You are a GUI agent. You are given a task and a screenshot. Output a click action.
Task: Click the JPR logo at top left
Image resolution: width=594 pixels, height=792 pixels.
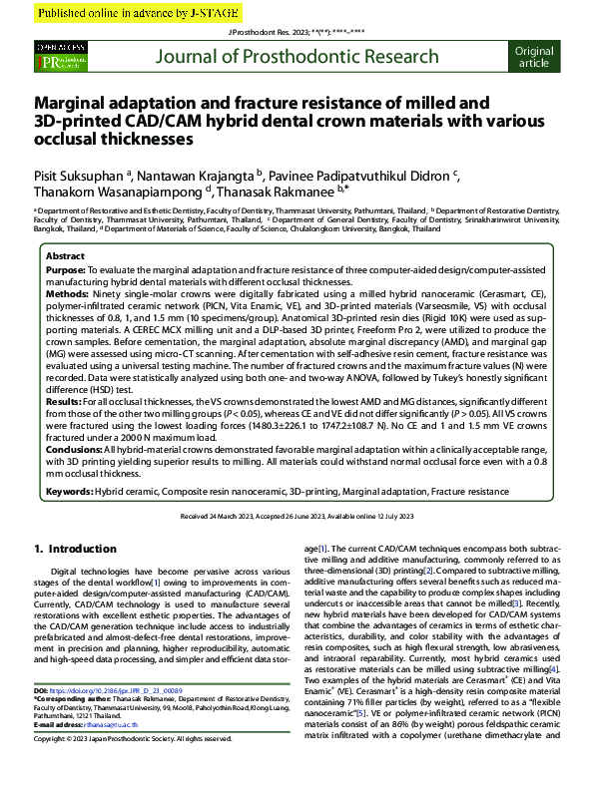pyautogui.click(x=60, y=62)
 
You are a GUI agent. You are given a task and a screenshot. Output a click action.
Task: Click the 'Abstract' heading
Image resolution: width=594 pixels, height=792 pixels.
pyautogui.click(x=67, y=256)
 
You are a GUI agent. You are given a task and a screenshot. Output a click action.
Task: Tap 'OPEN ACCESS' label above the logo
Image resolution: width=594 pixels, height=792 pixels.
pyautogui.click(x=60, y=48)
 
